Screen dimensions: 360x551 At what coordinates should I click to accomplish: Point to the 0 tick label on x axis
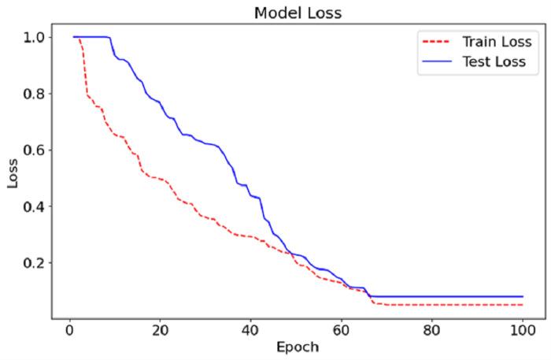[x=69, y=329]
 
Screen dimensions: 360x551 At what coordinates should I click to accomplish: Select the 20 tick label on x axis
[x=160, y=329]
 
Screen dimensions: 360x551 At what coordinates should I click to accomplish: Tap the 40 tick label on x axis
[x=250, y=329]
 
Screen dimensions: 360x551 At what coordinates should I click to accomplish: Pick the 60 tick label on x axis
[x=341, y=329]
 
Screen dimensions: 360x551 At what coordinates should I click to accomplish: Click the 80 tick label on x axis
[x=431, y=329]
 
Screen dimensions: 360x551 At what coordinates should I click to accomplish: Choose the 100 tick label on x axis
[x=522, y=329]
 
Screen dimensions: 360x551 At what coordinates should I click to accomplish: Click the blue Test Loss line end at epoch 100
[x=522, y=296]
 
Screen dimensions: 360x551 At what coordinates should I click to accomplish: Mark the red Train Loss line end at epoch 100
[x=522, y=305]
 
